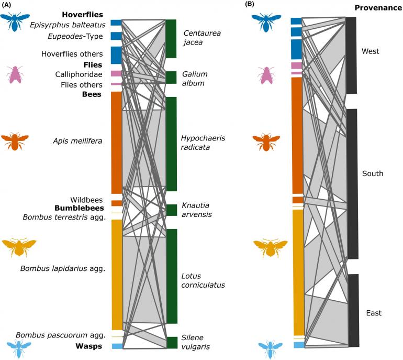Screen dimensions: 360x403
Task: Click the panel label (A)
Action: [8, 6]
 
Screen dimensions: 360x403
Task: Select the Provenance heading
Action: [377, 8]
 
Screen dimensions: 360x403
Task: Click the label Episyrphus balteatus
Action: [68, 25]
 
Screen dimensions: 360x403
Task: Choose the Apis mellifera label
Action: [77, 140]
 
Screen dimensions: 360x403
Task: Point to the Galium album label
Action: [193, 79]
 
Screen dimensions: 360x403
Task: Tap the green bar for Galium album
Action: [171, 78]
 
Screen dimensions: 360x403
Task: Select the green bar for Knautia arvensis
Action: [171, 210]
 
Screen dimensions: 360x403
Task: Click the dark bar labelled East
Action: [353, 310]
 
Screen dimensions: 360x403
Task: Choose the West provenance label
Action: [370, 51]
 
